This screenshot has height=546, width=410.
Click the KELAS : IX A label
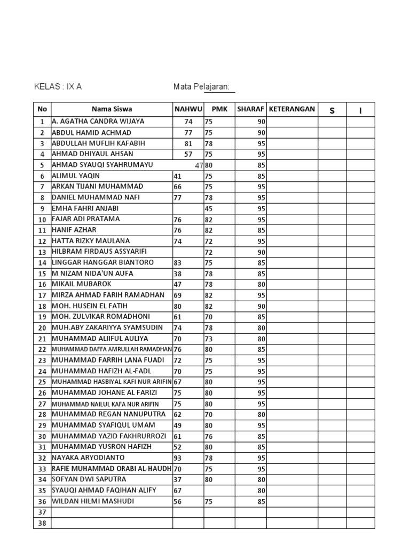[58, 86]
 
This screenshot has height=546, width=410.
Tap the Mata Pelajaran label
[201, 86]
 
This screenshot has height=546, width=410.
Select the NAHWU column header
[188, 109]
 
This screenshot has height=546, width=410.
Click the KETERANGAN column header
[292, 109]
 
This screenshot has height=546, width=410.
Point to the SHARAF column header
[250, 109]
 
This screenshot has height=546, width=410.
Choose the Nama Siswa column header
[112, 109]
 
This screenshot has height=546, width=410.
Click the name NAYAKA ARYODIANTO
[88, 457]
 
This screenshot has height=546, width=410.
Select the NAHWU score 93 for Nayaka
[178, 457]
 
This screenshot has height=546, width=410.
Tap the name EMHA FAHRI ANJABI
[85, 208]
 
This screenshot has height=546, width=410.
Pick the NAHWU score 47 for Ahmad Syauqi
[199, 165]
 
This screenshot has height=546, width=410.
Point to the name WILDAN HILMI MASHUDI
[92, 501]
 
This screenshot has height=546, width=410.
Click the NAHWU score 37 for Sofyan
[178, 479]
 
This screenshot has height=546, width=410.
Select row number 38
[42, 523]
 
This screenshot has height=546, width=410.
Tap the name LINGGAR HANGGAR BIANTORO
[102, 262]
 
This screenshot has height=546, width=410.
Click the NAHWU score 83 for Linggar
[178, 262]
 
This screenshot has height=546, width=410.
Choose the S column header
[332, 110]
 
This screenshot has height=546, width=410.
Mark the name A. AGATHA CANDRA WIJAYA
[98, 121]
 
